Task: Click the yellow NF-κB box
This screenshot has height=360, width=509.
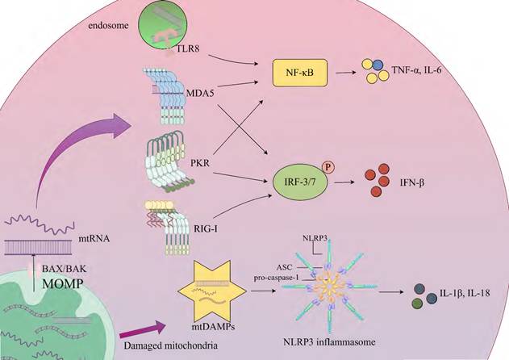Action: pyautogui.click(x=299, y=74)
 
